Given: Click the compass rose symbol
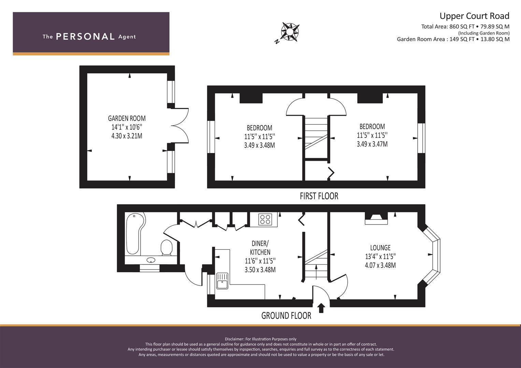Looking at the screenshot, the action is [x=290, y=32].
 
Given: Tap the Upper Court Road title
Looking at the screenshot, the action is [x=475, y=16].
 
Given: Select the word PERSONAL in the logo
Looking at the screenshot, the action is [x=85, y=37].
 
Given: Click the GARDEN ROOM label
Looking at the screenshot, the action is [x=127, y=119].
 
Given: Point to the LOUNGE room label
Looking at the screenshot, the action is [x=380, y=248].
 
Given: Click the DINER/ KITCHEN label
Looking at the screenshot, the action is [x=260, y=248].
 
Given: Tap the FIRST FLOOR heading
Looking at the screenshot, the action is [x=319, y=196].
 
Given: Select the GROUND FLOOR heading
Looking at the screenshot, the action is [x=286, y=316].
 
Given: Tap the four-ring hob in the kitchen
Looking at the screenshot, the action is [x=265, y=219].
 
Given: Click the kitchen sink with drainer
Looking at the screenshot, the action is [x=222, y=281].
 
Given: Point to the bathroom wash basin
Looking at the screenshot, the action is [x=151, y=260].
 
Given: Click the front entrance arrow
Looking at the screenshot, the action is [x=321, y=308].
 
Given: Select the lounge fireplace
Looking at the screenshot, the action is [x=376, y=218].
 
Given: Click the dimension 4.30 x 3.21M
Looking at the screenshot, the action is [x=127, y=136].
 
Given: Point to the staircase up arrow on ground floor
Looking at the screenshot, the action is [x=316, y=271].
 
